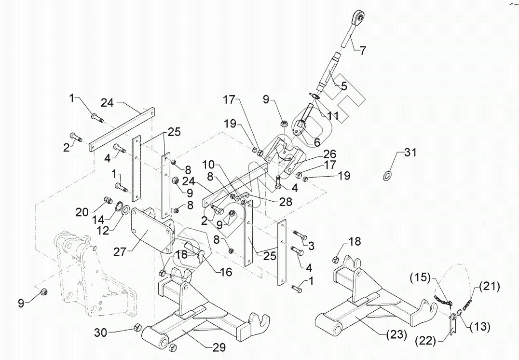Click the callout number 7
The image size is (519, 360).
[363, 50]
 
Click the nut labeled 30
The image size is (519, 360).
[137, 328]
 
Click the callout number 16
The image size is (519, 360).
[225, 273]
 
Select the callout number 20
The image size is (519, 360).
[82, 211]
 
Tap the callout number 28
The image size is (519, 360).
[286, 202]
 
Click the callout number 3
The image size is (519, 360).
[311, 246]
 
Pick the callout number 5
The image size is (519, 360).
[344, 87]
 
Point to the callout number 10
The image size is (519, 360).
[208, 164]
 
